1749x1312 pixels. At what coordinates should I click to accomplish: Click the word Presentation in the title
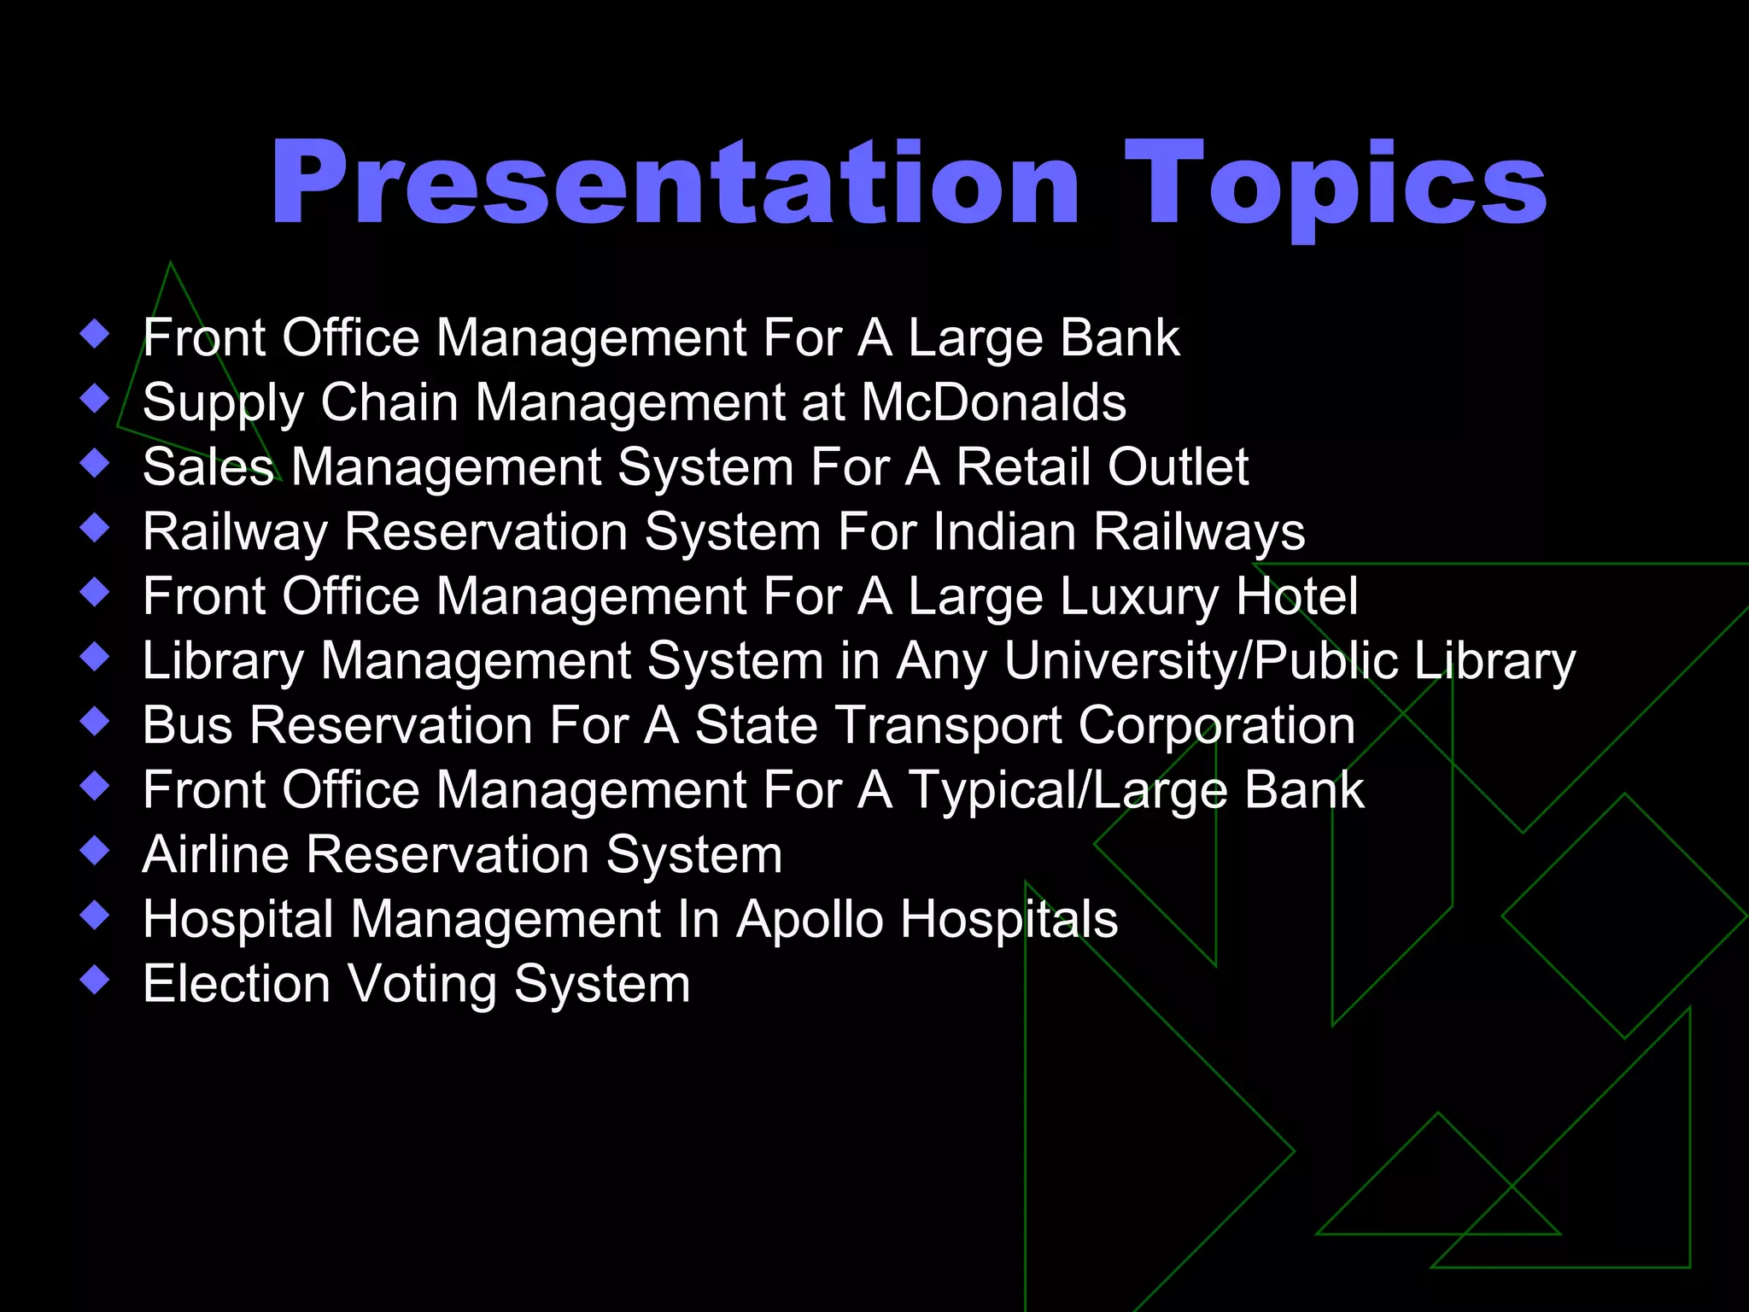pyautogui.click(x=675, y=184)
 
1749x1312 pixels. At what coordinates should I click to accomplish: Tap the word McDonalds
pyautogui.click(x=993, y=401)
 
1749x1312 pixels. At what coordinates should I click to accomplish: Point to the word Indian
pyautogui.click(x=1004, y=531)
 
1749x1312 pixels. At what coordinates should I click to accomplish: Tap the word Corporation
pyautogui.click(x=1216, y=726)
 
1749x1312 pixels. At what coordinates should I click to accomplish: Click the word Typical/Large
pyautogui.click(x=1068, y=790)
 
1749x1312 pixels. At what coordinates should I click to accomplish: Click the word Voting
pyautogui.click(x=422, y=984)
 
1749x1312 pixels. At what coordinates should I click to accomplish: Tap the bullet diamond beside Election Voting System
pyautogui.click(x=95, y=979)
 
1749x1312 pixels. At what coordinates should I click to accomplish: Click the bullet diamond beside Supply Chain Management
pyautogui.click(x=95, y=398)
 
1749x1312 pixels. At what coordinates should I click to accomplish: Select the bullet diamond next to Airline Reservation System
pyautogui.click(x=95, y=850)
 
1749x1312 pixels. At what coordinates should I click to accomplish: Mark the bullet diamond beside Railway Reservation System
pyautogui.click(x=95, y=527)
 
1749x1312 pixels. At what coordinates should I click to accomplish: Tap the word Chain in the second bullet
pyautogui.click(x=389, y=401)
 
